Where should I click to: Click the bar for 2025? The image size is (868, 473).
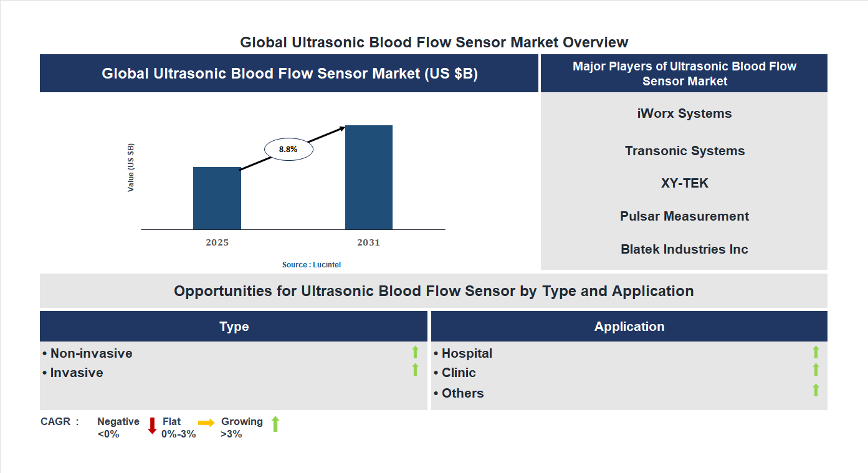(217, 198)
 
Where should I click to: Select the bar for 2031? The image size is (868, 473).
(369, 178)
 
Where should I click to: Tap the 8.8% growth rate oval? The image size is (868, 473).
(288, 150)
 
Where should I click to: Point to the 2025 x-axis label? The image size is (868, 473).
(217, 242)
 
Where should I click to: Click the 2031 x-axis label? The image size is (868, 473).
(368, 242)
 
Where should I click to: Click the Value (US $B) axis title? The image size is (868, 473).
(131, 168)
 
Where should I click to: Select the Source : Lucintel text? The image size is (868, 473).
(312, 265)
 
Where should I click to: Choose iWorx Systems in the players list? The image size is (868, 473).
(684, 113)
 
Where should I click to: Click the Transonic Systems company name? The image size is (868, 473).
(684, 151)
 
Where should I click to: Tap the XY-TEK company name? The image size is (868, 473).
(684, 183)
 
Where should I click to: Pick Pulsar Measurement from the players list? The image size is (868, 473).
(684, 216)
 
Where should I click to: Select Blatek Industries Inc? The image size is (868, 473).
(684, 249)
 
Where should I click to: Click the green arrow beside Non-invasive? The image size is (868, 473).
(415, 352)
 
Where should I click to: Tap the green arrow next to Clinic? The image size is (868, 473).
(816, 370)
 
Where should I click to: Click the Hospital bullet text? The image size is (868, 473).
(466, 353)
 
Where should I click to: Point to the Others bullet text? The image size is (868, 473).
(462, 393)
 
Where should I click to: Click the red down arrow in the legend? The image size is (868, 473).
(152, 426)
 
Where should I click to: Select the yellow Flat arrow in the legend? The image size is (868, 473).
(206, 423)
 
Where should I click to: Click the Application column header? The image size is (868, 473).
(629, 327)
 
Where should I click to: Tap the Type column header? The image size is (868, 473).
(234, 327)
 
